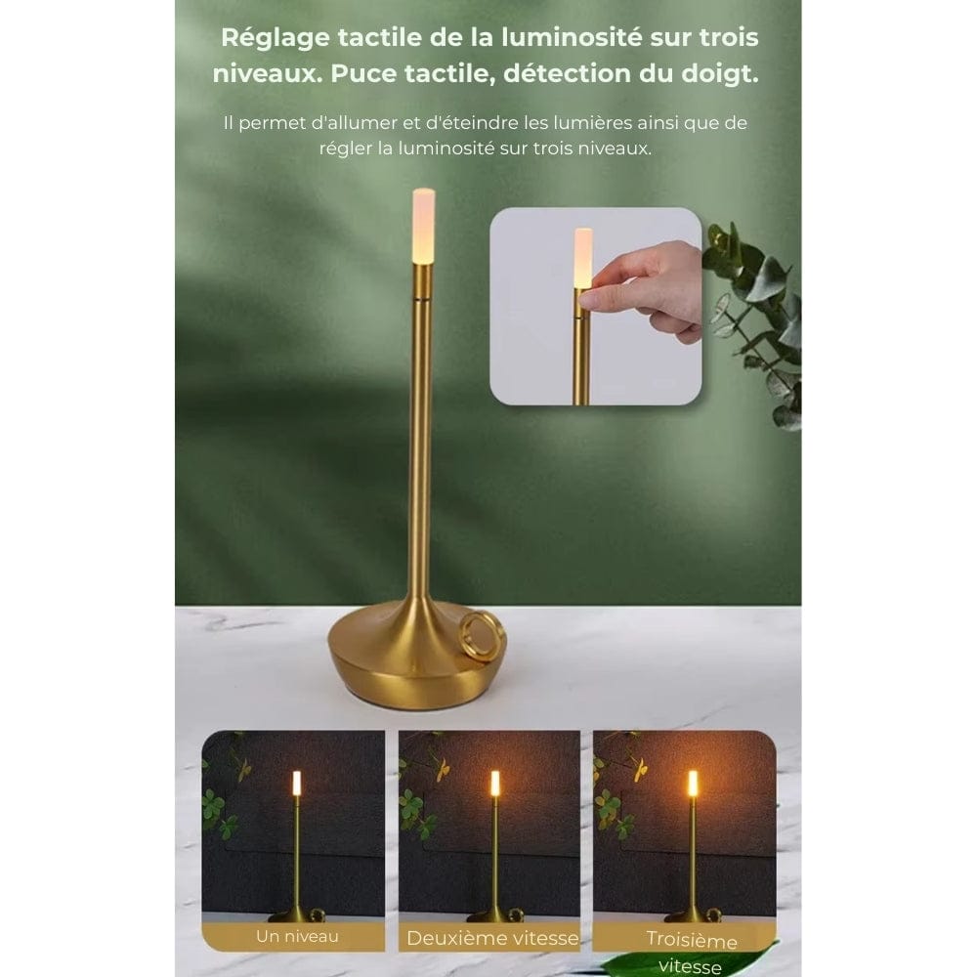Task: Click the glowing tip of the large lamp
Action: [423, 225]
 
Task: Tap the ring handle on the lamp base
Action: [484, 636]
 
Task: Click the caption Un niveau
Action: [297, 936]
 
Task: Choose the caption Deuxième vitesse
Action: [491, 938]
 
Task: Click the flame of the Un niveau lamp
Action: [297, 783]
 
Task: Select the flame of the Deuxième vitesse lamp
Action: [495, 783]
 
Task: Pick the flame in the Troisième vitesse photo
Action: [693, 783]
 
